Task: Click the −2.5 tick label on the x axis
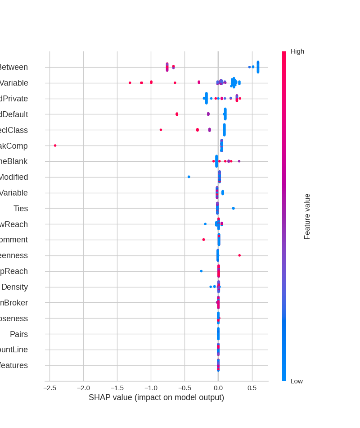tap(49, 388)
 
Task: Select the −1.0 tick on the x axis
tap(151, 388)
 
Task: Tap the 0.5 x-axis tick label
tap(252, 388)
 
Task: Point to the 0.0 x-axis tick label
tap(218, 388)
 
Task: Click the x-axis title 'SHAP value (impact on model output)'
tap(156, 397)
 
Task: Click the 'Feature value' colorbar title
tap(307, 216)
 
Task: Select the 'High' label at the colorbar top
tap(297, 51)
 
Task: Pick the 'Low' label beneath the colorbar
tap(297, 381)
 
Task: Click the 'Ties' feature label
tap(21, 209)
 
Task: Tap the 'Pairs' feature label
tap(19, 334)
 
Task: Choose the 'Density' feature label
tap(14, 287)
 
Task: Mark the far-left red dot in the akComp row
tap(55, 146)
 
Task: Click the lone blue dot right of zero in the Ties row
tap(233, 208)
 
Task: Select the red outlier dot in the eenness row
tap(239, 255)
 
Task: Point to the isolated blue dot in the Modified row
tap(189, 177)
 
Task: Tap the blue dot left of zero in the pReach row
tap(201, 271)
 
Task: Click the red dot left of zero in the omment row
tap(203, 240)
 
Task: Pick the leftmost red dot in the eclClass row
tap(161, 130)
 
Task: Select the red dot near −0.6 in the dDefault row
tap(177, 114)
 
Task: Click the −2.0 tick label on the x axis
tap(83, 388)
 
